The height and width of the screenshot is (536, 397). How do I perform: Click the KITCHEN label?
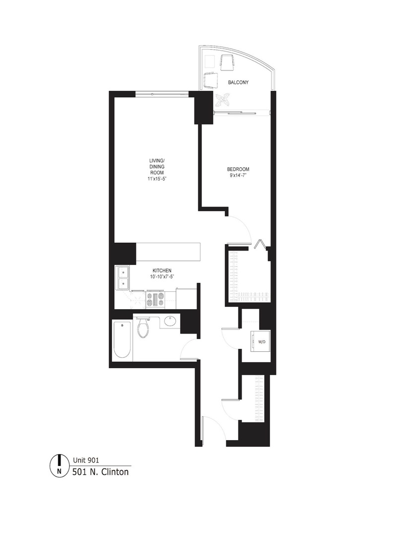click(x=162, y=270)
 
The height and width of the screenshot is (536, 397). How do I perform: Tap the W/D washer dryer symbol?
click(x=261, y=341)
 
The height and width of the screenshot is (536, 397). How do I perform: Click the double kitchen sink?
click(x=122, y=278)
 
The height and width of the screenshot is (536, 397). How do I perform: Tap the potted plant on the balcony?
click(x=223, y=100)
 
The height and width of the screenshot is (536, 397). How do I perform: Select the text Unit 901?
click(x=86, y=460)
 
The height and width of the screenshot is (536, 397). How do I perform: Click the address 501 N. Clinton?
click(x=100, y=471)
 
